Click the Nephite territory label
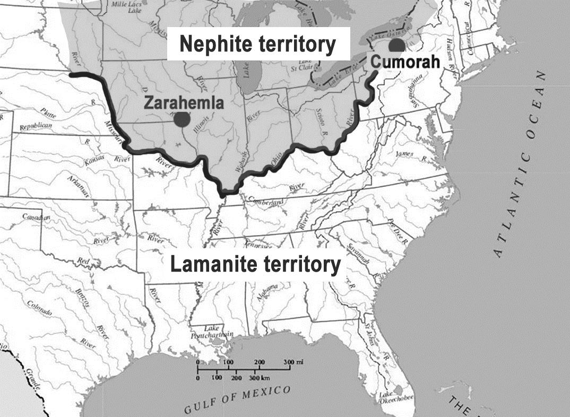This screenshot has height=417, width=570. point(257,45)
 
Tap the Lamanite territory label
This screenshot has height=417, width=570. point(255,264)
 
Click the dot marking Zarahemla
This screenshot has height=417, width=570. point(182,120)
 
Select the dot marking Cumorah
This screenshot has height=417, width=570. point(395,45)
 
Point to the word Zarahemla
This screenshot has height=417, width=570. point(183,103)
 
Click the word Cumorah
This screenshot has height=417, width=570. point(405,62)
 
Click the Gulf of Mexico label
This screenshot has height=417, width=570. point(238,399)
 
